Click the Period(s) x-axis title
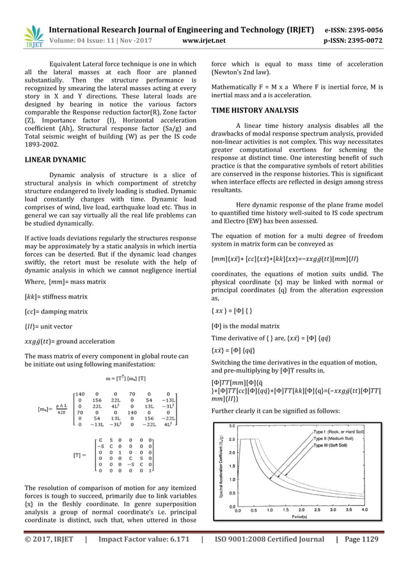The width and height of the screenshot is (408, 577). (302, 516)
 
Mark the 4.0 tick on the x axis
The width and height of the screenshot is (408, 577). (365, 510)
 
